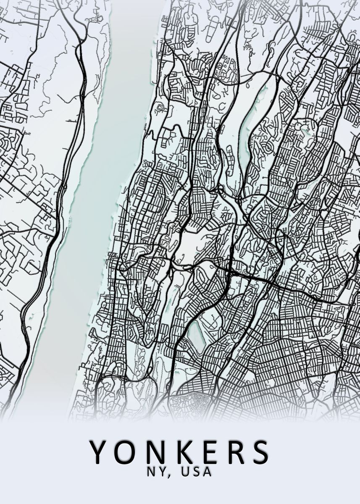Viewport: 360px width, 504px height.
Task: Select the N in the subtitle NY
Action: (x=151, y=472)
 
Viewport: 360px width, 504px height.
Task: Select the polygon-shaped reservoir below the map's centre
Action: (x=195, y=336)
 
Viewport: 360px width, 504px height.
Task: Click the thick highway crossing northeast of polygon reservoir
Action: (x=229, y=273)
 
